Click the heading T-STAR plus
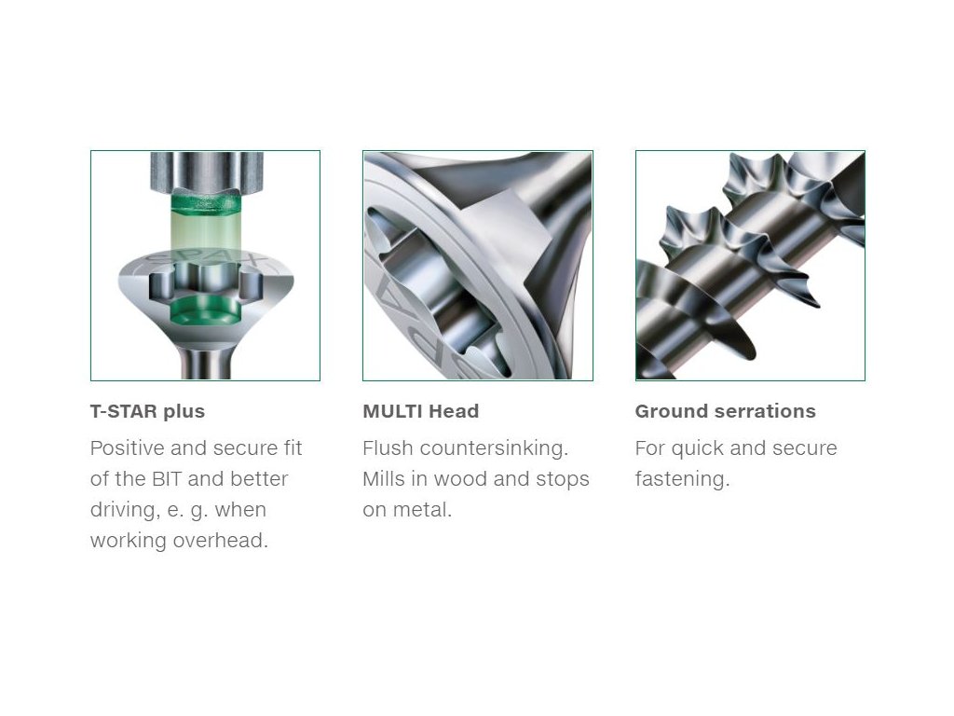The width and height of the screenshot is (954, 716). tap(147, 411)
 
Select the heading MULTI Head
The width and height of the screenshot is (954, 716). tap(420, 411)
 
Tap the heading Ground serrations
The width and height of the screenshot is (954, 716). tap(725, 411)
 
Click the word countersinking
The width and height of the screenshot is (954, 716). tap(494, 448)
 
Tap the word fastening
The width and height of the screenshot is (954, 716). tap(682, 479)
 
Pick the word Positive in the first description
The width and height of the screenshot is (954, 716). tap(127, 448)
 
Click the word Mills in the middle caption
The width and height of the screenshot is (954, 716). tap(384, 479)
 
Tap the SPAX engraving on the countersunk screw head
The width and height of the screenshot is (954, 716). tap(207, 262)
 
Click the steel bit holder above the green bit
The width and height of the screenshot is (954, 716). tap(206, 172)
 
